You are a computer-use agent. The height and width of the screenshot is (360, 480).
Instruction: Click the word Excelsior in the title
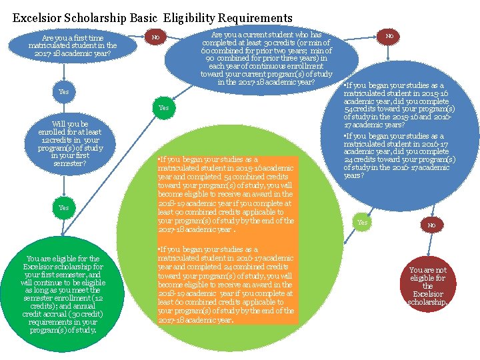click(x=39, y=18)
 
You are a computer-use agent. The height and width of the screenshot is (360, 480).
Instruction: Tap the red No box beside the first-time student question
click(x=155, y=37)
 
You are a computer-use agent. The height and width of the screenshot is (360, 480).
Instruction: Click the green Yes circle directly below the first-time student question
click(x=64, y=91)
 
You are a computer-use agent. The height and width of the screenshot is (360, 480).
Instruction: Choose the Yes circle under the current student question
click(x=163, y=107)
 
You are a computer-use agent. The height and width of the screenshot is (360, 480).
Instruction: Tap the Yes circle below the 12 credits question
click(x=63, y=207)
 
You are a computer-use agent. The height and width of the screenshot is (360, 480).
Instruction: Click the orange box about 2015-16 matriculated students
click(x=225, y=195)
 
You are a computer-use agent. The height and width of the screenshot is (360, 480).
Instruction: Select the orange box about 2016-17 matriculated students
click(x=225, y=284)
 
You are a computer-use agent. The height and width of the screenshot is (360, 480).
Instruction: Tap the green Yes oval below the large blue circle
click(x=362, y=222)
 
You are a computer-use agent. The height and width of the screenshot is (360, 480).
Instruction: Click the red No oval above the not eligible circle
click(x=431, y=225)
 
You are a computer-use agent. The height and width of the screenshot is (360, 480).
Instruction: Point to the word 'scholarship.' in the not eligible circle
click(x=428, y=302)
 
